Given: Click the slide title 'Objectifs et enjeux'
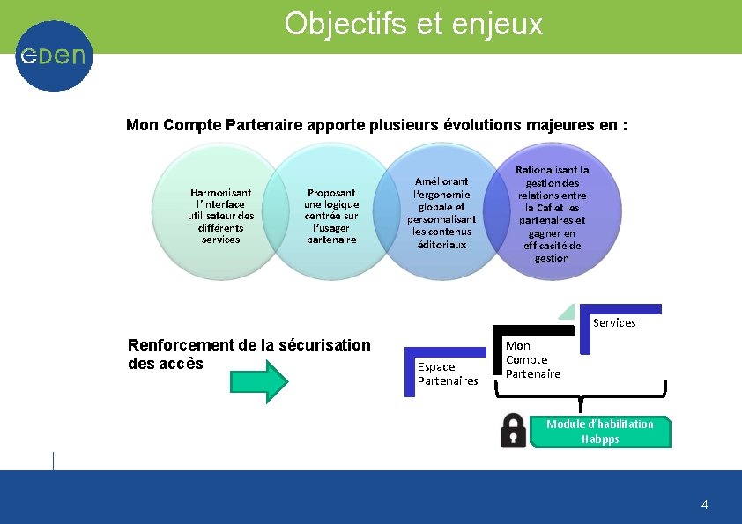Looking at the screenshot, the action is [x=413, y=24].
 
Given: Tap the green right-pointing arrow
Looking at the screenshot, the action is [x=259, y=381].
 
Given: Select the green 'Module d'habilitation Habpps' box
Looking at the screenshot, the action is [x=600, y=432].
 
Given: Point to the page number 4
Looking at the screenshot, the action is [x=704, y=505].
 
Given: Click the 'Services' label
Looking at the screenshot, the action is [x=614, y=323].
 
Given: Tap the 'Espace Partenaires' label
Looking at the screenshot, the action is [x=447, y=373].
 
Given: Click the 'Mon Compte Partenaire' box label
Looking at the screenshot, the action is [x=532, y=360].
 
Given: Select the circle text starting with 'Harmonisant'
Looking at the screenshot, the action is [x=220, y=216].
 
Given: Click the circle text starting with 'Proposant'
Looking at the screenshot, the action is [x=331, y=216].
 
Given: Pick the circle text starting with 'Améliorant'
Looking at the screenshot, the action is [x=441, y=213].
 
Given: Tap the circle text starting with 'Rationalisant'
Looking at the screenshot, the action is [x=553, y=214].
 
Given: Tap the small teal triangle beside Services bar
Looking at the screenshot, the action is [x=568, y=312].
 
